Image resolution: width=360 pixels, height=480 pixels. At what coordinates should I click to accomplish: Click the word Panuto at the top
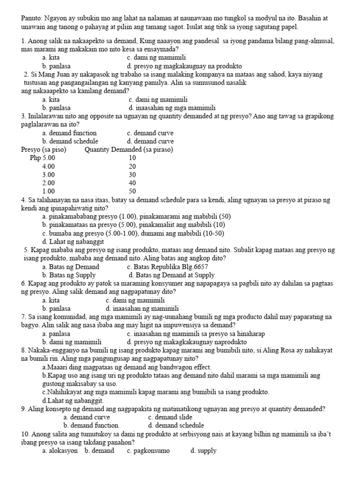(32, 18)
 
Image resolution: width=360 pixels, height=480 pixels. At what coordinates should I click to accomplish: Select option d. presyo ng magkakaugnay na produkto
(184, 66)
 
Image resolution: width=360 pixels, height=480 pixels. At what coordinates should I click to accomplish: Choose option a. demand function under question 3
(69, 133)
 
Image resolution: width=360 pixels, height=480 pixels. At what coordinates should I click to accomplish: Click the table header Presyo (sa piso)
(44, 150)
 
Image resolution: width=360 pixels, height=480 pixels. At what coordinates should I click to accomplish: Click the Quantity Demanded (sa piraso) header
(129, 150)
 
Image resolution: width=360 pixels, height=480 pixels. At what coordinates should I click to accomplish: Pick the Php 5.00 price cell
(42, 158)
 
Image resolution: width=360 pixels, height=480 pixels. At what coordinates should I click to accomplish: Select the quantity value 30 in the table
(132, 174)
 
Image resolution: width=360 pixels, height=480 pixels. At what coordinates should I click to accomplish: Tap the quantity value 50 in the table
(132, 191)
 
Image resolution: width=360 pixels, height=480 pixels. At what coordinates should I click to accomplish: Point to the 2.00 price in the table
(48, 183)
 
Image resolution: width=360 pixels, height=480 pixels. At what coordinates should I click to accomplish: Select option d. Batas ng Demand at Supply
(172, 275)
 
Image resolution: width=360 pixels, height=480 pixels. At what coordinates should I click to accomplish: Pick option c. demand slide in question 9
(170, 417)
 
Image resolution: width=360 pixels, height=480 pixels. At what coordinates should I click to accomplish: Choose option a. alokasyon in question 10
(60, 450)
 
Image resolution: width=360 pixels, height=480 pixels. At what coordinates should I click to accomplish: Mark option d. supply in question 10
(203, 450)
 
